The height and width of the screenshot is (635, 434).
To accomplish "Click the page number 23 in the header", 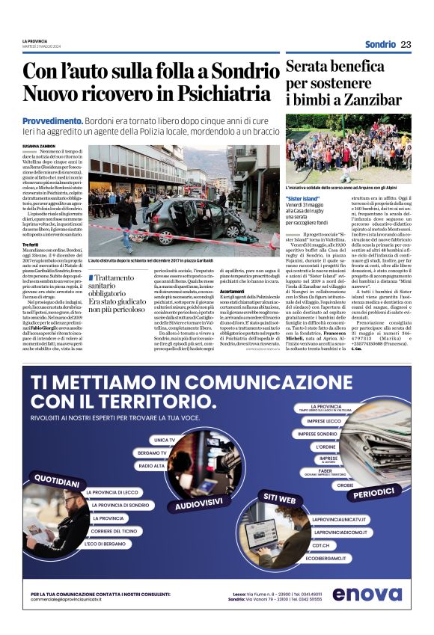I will point(406,44).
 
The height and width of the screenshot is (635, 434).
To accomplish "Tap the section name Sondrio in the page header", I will point(380,44).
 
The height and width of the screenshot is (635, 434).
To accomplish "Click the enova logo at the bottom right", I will point(367,594).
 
